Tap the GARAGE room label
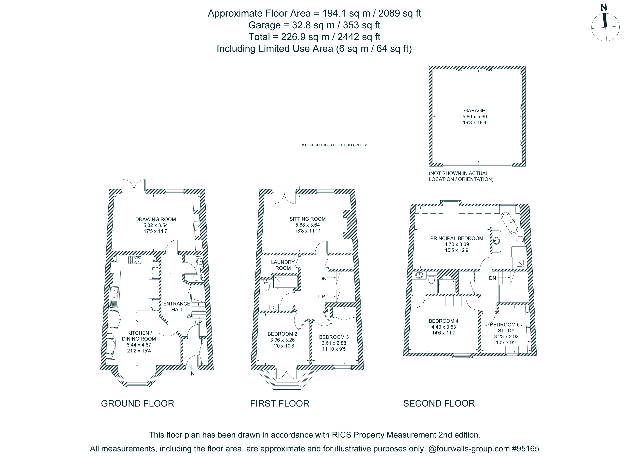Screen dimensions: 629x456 (x=474, y=110)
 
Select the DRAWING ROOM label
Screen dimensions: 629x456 (x=155, y=219)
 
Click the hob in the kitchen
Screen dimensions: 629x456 (x=134, y=260)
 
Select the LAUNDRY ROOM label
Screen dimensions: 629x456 (x=283, y=265)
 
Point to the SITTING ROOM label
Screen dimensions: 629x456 (x=308, y=219)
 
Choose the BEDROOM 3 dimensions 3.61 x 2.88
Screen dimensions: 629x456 (x=334, y=343)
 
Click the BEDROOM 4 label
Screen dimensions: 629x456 (x=444, y=321)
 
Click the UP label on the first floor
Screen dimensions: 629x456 (x=321, y=297)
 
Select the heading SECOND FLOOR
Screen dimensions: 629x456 (x=439, y=403)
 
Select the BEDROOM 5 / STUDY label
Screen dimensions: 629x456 (x=506, y=327)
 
